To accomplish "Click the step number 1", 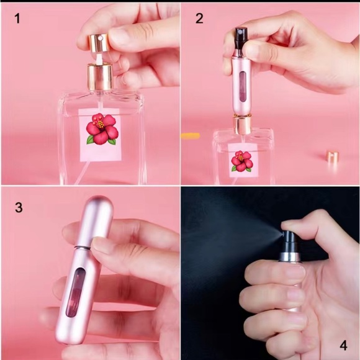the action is click(x=17, y=19).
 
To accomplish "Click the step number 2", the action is click(x=199, y=19).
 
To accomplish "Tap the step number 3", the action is click(x=19, y=207).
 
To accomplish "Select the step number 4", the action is click(x=343, y=345).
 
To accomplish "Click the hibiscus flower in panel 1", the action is click(x=102, y=129).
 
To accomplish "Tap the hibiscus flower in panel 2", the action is click(x=242, y=161).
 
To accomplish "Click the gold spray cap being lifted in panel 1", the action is click(x=99, y=43).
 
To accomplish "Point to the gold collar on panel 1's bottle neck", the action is click(x=100, y=78).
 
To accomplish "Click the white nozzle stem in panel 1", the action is click(x=99, y=58).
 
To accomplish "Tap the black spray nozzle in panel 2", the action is click(x=241, y=38).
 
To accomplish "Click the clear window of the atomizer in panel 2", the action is click(x=243, y=86).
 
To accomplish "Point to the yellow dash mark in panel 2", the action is click(x=191, y=136).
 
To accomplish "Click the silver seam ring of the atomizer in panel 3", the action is click(x=83, y=248).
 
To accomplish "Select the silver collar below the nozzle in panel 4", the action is click(x=290, y=257).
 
